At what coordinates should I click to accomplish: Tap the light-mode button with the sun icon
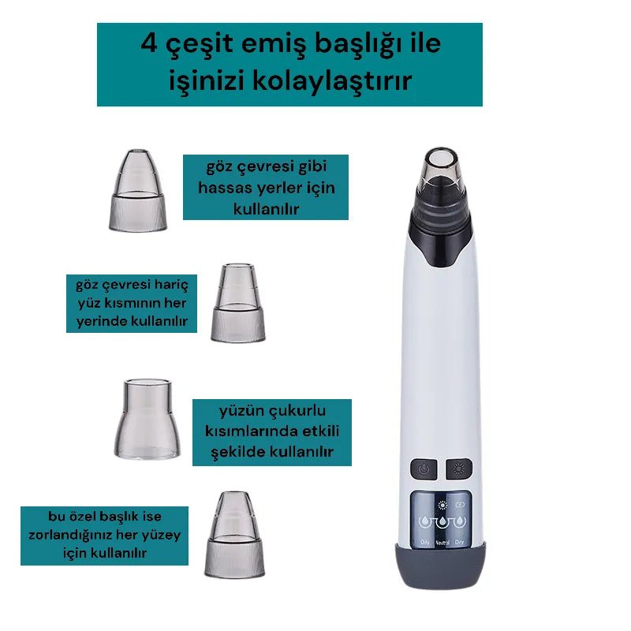coord(459,469)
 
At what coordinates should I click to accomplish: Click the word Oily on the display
coord(425,542)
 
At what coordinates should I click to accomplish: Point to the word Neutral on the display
coord(442,543)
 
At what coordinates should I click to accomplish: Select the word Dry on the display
coord(459,542)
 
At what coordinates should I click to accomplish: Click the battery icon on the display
coord(460,505)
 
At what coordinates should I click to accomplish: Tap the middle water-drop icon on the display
coord(442,521)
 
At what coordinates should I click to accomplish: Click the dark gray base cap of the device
coord(441,566)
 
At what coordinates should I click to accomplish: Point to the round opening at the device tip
coord(441,159)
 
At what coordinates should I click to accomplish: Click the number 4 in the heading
coord(149,43)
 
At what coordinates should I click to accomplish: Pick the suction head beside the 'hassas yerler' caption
coord(138,190)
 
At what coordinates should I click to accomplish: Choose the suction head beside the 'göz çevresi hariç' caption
coord(238,303)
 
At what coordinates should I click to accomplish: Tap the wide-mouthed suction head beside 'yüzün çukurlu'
coord(147,419)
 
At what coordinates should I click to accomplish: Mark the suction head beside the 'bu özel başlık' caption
coord(234,535)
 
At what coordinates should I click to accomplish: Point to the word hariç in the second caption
coord(172,286)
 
